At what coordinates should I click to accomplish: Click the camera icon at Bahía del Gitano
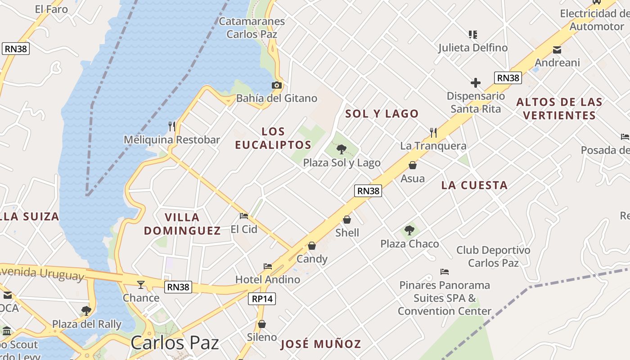tap(277, 85)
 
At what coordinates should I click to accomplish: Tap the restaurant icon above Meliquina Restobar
tap(171, 126)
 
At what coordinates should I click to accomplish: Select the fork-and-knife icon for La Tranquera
tap(433, 132)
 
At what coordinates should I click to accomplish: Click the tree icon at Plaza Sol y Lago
tap(342, 149)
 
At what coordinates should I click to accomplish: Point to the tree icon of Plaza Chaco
tap(409, 230)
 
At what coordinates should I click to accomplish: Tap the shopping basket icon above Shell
tap(347, 220)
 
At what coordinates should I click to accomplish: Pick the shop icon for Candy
tap(312, 246)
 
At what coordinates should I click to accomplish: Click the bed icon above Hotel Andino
tap(268, 266)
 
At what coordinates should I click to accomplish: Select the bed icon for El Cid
tap(244, 216)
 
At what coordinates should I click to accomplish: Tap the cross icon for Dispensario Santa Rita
tap(476, 83)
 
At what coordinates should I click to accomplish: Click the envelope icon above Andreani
tap(557, 49)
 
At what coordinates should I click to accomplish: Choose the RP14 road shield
tap(262, 298)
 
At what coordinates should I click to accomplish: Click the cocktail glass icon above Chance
tap(141, 284)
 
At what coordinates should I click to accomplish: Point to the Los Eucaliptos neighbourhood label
tap(273, 138)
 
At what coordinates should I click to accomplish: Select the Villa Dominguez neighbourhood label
tap(182, 224)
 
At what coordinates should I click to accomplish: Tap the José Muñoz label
tap(320, 344)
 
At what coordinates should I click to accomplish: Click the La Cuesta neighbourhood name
tap(474, 185)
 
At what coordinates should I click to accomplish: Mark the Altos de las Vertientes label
tap(559, 108)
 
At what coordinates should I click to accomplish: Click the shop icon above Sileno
tap(262, 324)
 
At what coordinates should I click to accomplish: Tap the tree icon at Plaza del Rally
tap(86, 310)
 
